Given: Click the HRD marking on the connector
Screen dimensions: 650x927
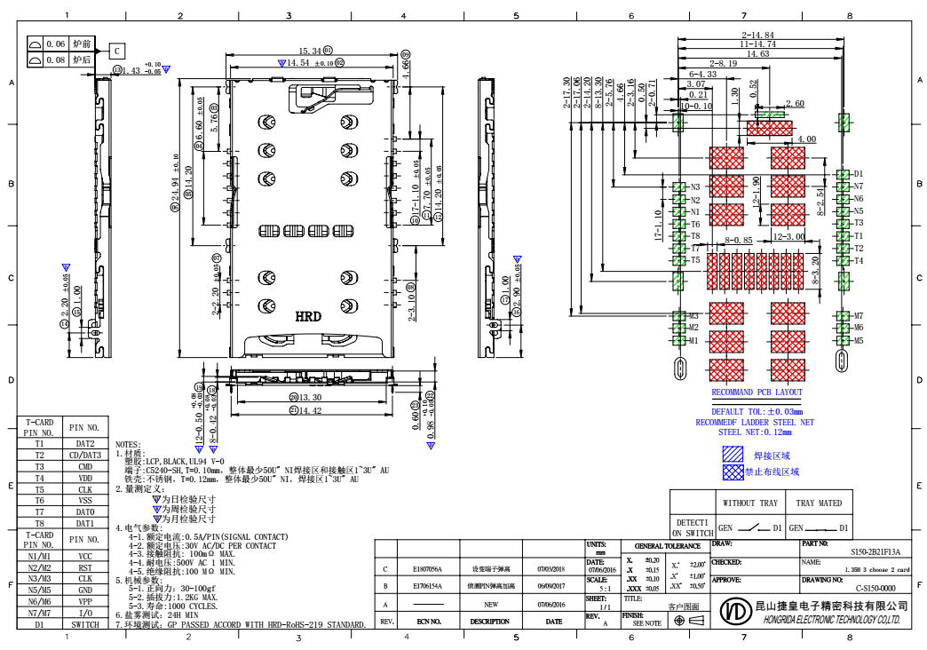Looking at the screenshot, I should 308,316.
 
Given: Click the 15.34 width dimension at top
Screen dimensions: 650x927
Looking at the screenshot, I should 310,52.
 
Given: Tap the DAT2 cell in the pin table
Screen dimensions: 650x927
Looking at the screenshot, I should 85,443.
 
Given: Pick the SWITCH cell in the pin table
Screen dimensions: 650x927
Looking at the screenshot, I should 85,624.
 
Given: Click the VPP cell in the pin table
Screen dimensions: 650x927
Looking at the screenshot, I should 85,601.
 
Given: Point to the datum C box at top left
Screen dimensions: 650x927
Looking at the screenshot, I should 116,51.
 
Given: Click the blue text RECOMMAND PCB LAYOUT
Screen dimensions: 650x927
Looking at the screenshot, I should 757,392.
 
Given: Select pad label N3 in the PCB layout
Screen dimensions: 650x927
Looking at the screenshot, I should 695,186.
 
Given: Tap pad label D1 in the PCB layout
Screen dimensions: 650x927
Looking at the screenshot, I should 859,174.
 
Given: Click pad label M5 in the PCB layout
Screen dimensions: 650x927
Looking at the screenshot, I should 859,340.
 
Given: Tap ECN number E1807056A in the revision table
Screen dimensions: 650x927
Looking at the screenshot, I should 429,569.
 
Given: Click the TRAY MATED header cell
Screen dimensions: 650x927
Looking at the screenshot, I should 819,503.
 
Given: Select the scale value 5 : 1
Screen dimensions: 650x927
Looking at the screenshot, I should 604,588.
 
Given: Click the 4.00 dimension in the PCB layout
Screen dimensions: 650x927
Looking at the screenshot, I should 806,139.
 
